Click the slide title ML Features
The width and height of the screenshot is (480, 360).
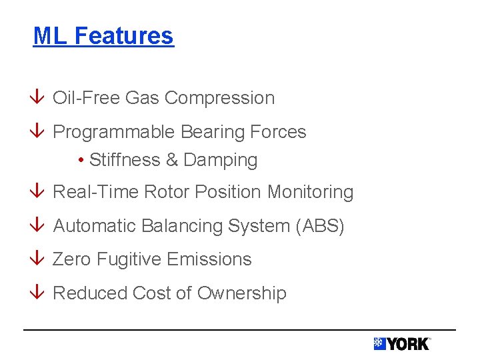(x=103, y=35)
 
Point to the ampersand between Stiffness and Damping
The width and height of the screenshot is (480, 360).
(x=171, y=160)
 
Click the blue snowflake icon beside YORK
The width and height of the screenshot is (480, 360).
(x=379, y=344)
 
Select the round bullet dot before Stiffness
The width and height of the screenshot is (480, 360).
(x=80, y=161)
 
